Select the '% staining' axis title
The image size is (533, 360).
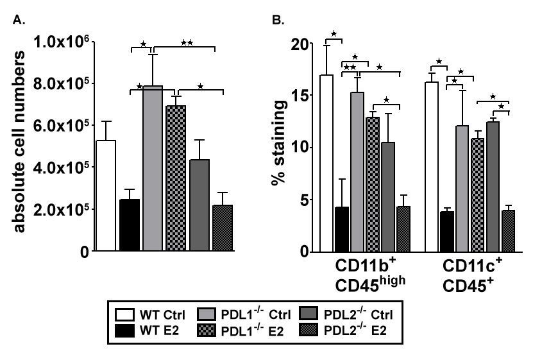tap(278, 148)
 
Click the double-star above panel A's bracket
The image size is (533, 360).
tap(187, 43)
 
